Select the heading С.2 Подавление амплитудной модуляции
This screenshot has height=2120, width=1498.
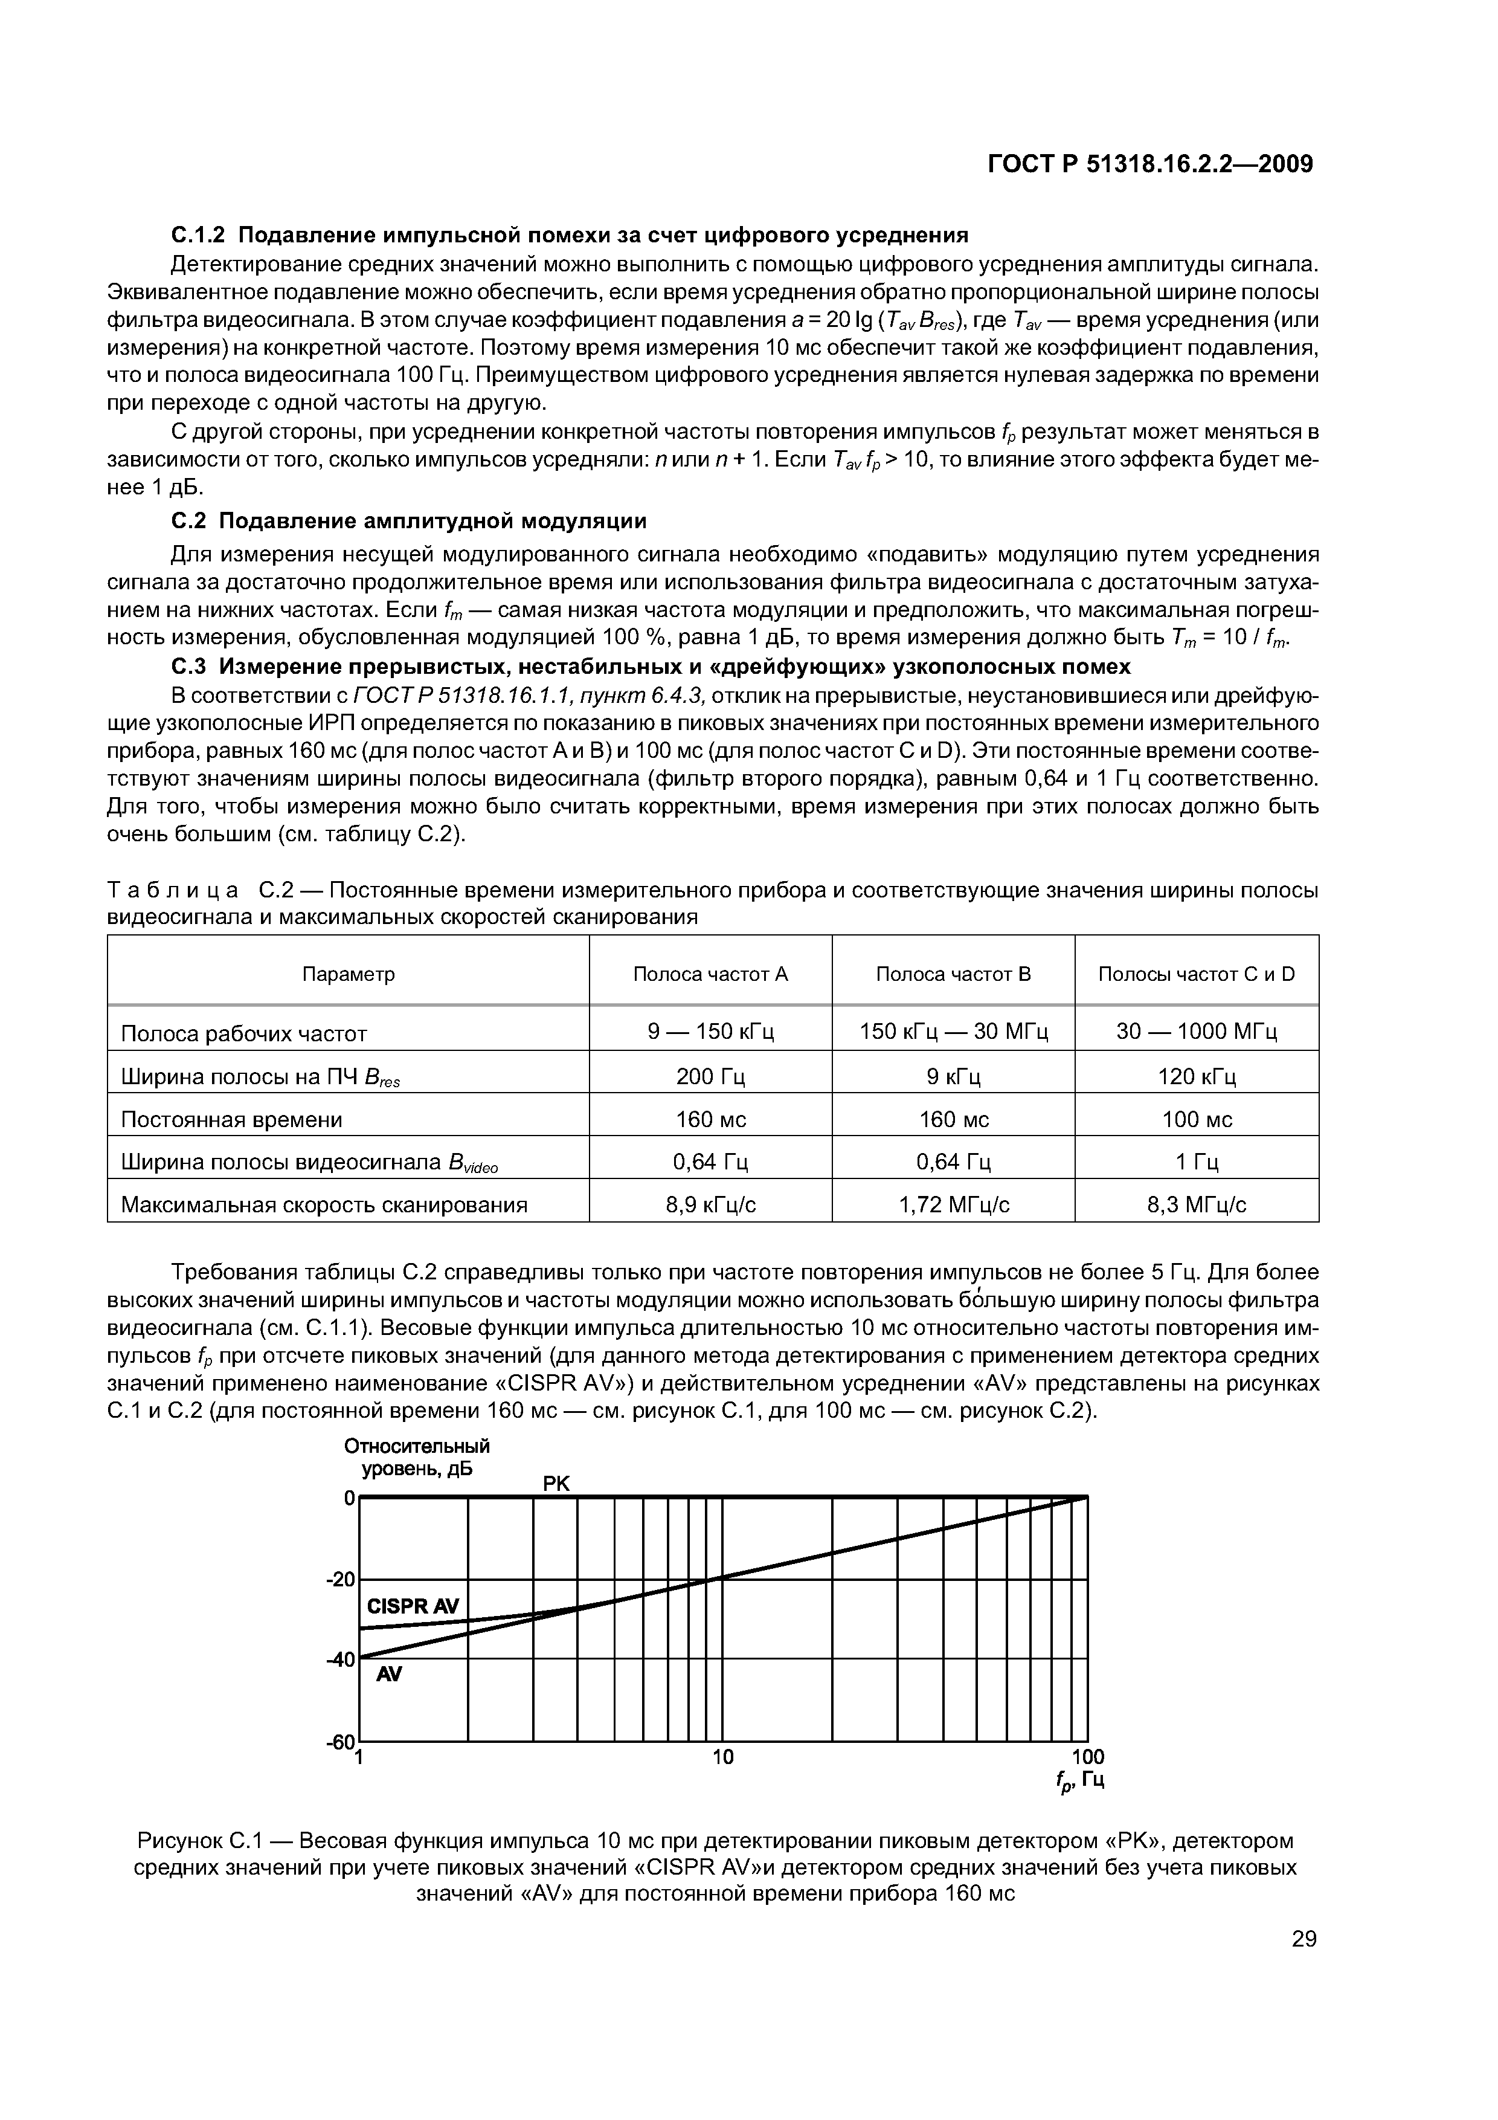click(409, 521)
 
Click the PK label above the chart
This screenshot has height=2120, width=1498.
click(556, 1484)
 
